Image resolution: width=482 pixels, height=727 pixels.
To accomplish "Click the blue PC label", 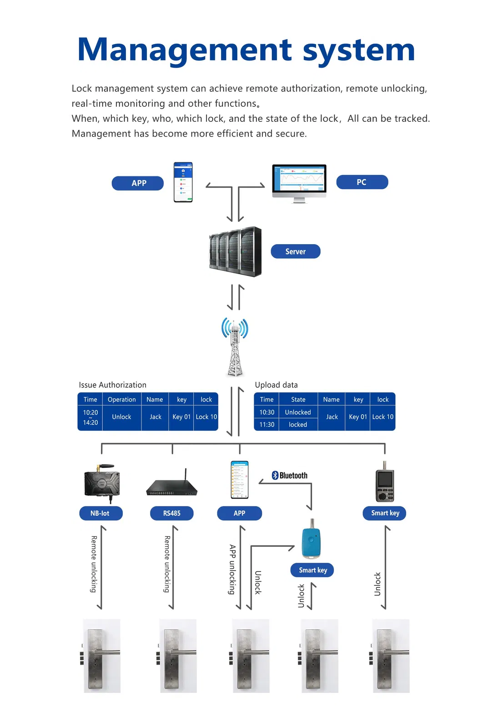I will (x=362, y=182).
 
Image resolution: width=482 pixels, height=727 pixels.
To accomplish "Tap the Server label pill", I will (x=296, y=251).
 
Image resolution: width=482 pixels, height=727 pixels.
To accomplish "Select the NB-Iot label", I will (x=100, y=513).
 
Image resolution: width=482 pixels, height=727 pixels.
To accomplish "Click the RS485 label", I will (x=172, y=513).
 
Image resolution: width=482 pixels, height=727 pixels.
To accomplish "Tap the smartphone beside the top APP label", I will (x=183, y=182).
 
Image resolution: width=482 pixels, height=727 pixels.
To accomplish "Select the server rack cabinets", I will (x=236, y=251).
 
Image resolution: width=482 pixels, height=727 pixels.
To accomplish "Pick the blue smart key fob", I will (x=311, y=541).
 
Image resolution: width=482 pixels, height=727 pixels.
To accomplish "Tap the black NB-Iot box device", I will (x=102, y=483).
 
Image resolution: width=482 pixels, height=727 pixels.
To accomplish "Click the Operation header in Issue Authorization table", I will (x=121, y=400).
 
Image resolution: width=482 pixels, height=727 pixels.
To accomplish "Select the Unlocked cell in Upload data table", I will (x=298, y=412).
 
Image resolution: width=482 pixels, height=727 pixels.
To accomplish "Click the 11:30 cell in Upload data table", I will (x=267, y=425).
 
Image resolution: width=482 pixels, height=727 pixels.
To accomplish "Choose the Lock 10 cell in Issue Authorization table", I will (x=206, y=417).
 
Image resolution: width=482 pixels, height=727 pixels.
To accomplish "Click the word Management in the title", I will (x=185, y=50).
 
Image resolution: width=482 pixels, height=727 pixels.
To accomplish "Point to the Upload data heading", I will (x=276, y=385).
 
